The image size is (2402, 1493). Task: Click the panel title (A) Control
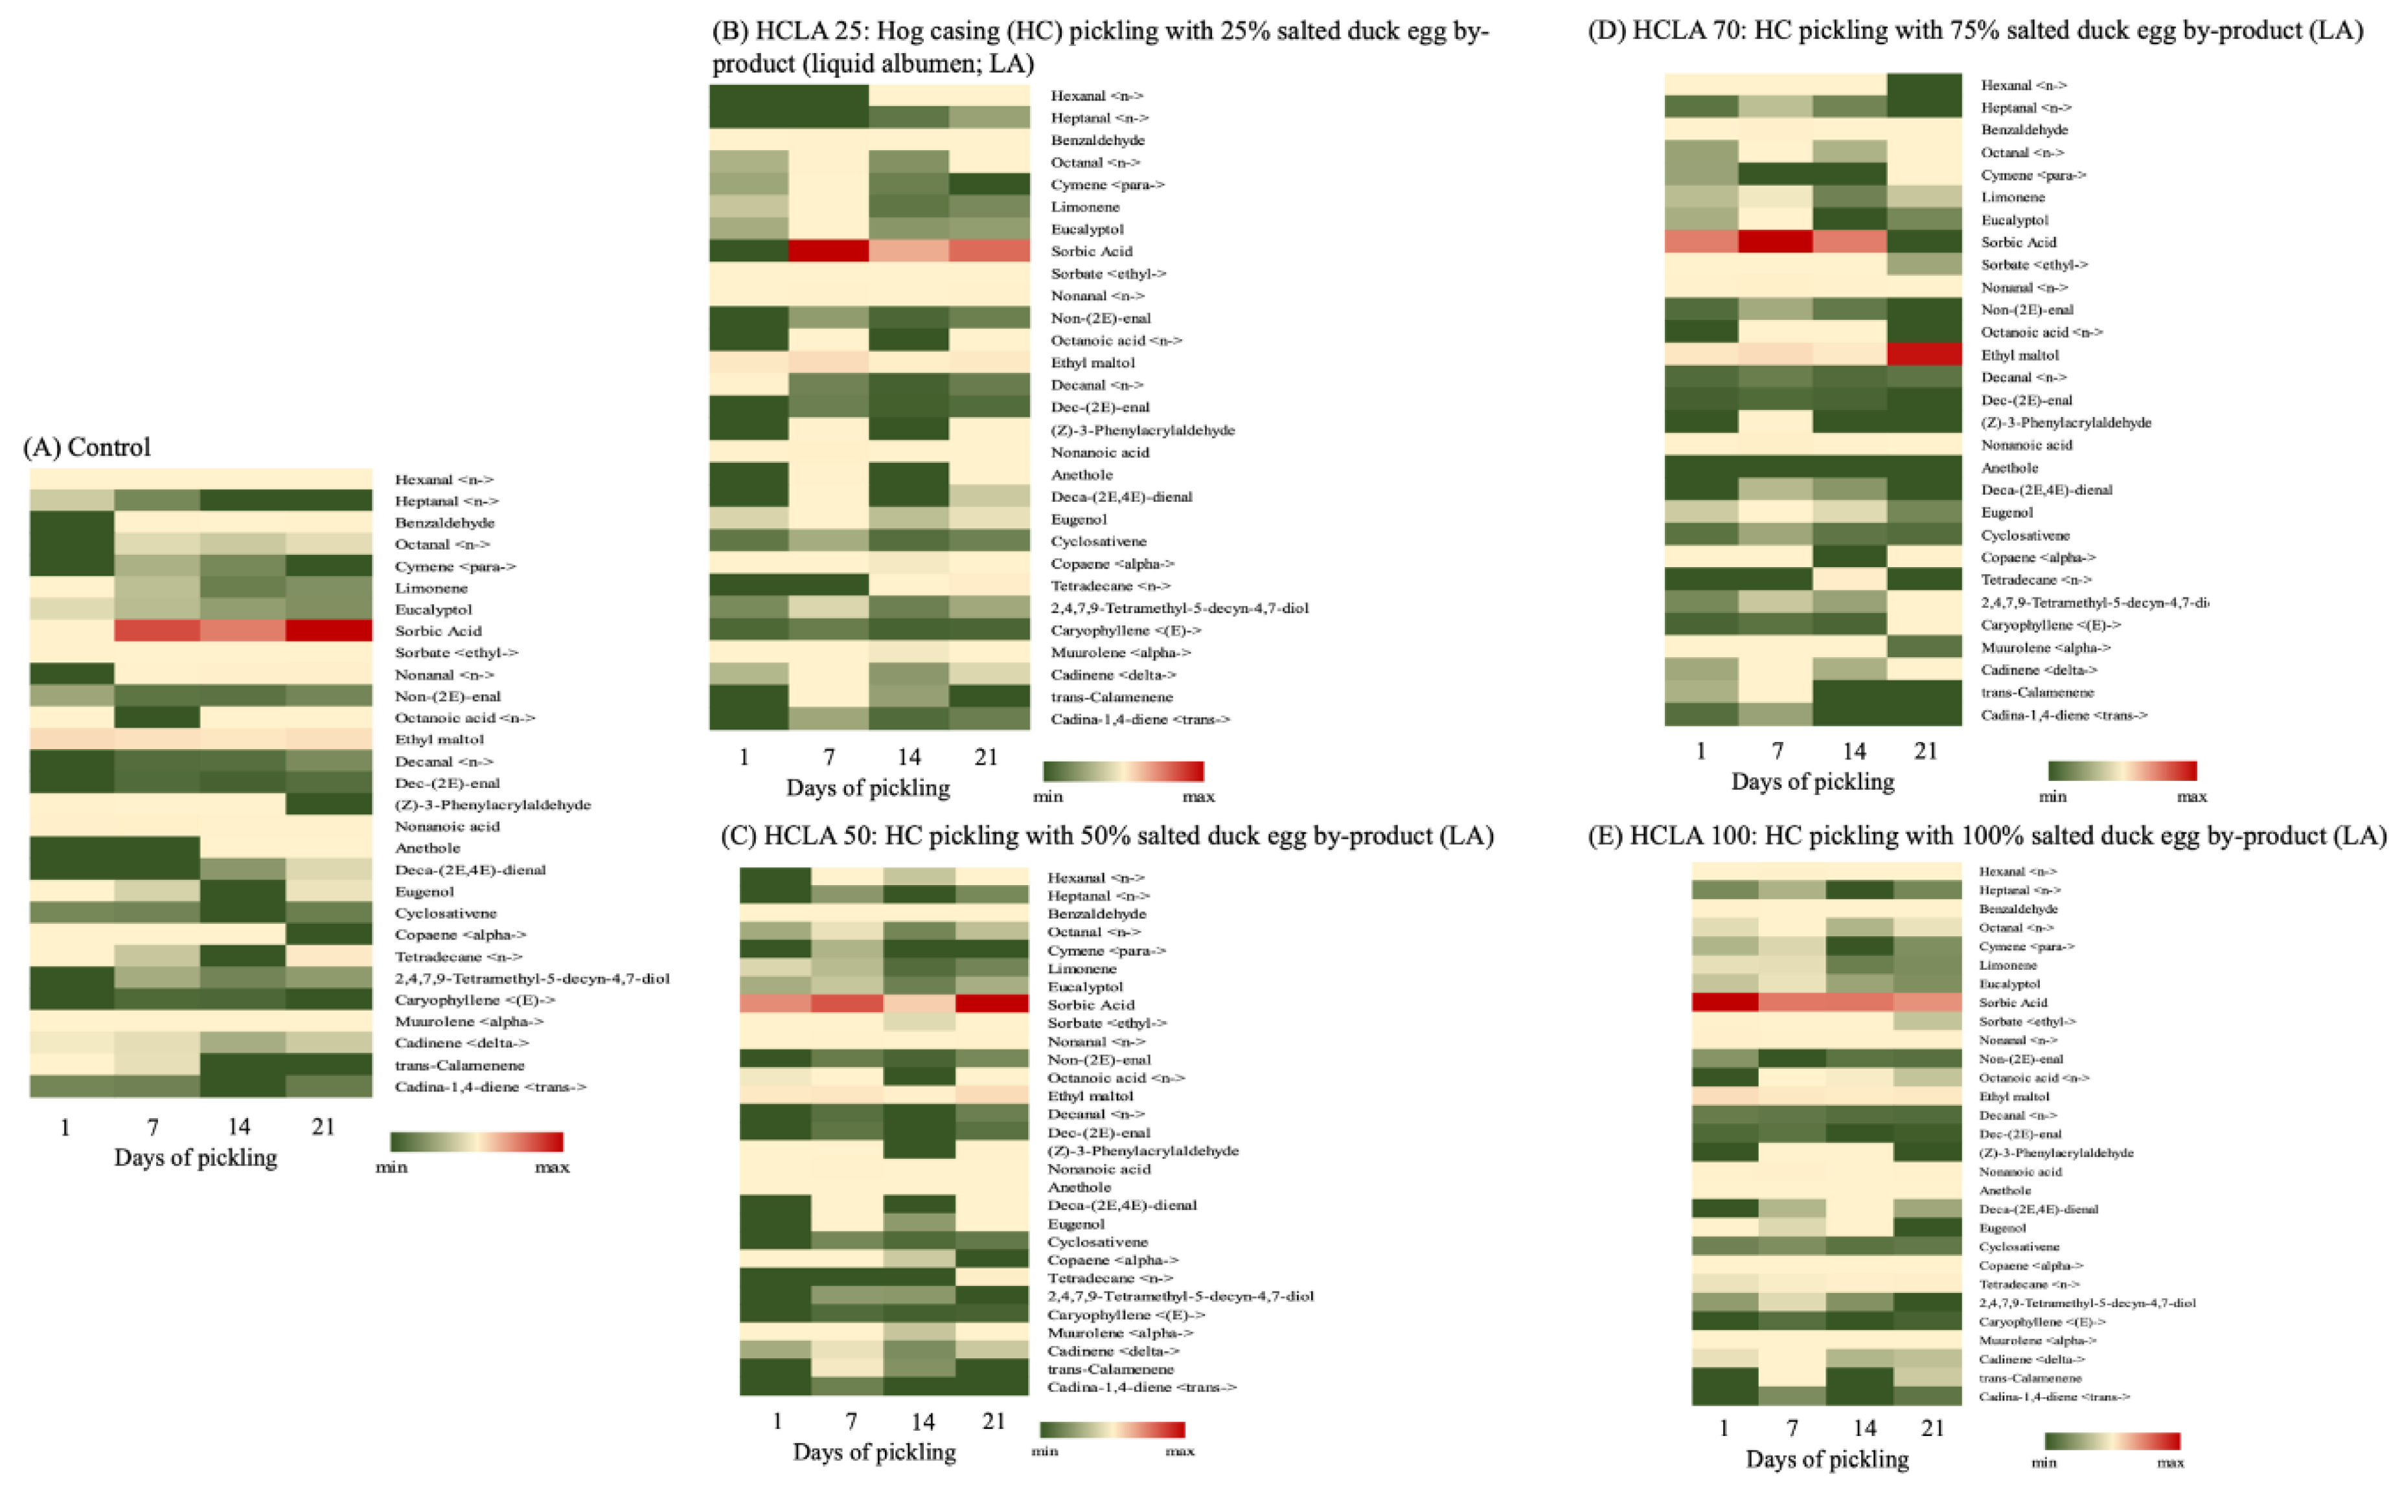[87, 447]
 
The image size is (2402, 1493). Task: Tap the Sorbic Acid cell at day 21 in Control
[329, 630]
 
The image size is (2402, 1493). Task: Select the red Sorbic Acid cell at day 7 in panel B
[829, 251]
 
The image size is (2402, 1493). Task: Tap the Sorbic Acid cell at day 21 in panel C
[992, 1004]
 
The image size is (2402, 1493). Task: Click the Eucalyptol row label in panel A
[433, 609]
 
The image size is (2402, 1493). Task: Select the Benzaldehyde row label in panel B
[1097, 140]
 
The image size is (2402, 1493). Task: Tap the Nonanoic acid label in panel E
[2020, 1171]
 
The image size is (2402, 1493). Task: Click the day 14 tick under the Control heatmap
[238, 1126]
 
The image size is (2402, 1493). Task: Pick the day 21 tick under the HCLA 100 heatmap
[1932, 1427]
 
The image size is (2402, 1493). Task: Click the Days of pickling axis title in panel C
[874, 1452]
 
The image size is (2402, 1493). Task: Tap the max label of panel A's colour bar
[551, 1167]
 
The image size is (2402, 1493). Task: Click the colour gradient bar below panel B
[1123, 771]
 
